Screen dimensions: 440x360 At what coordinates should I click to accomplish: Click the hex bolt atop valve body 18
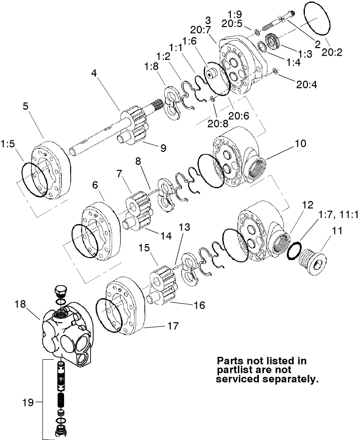click(x=60, y=292)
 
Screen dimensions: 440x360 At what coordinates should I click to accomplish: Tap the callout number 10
click(x=299, y=143)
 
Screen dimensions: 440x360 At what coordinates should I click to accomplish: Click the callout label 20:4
click(x=306, y=85)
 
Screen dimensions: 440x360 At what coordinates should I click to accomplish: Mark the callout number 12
click(x=307, y=205)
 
